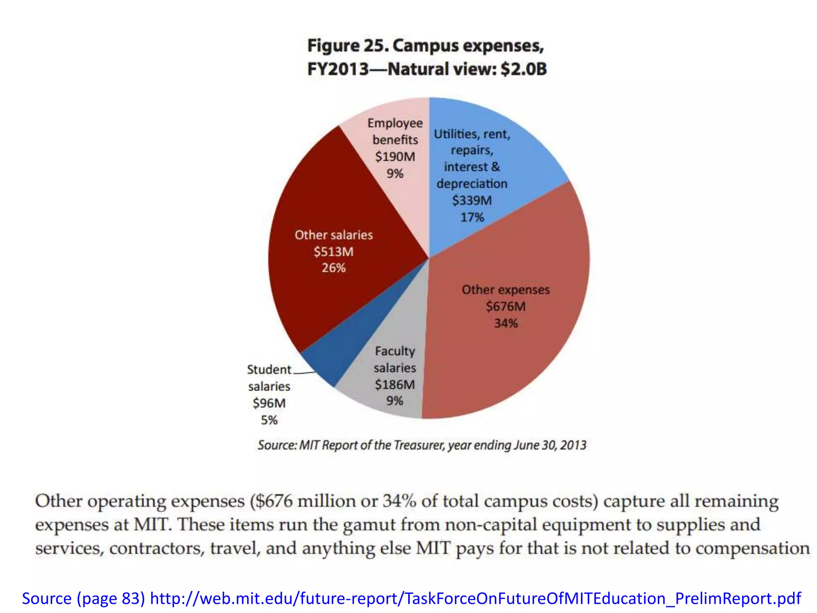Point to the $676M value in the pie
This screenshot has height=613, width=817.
click(x=505, y=306)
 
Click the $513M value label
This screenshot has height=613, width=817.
click(x=334, y=252)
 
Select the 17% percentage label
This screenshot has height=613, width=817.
click(x=472, y=218)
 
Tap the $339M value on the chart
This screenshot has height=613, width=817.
click(x=472, y=200)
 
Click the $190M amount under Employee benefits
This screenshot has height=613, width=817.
click(x=395, y=157)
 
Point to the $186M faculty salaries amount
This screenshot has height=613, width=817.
click(x=395, y=385)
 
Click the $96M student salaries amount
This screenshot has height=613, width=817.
click(x=269, y=403)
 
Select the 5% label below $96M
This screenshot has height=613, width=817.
click(x=269, y=420)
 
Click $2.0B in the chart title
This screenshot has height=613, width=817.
click(x=524, y=69)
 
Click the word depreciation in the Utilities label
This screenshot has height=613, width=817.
click(x=472, y=184)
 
